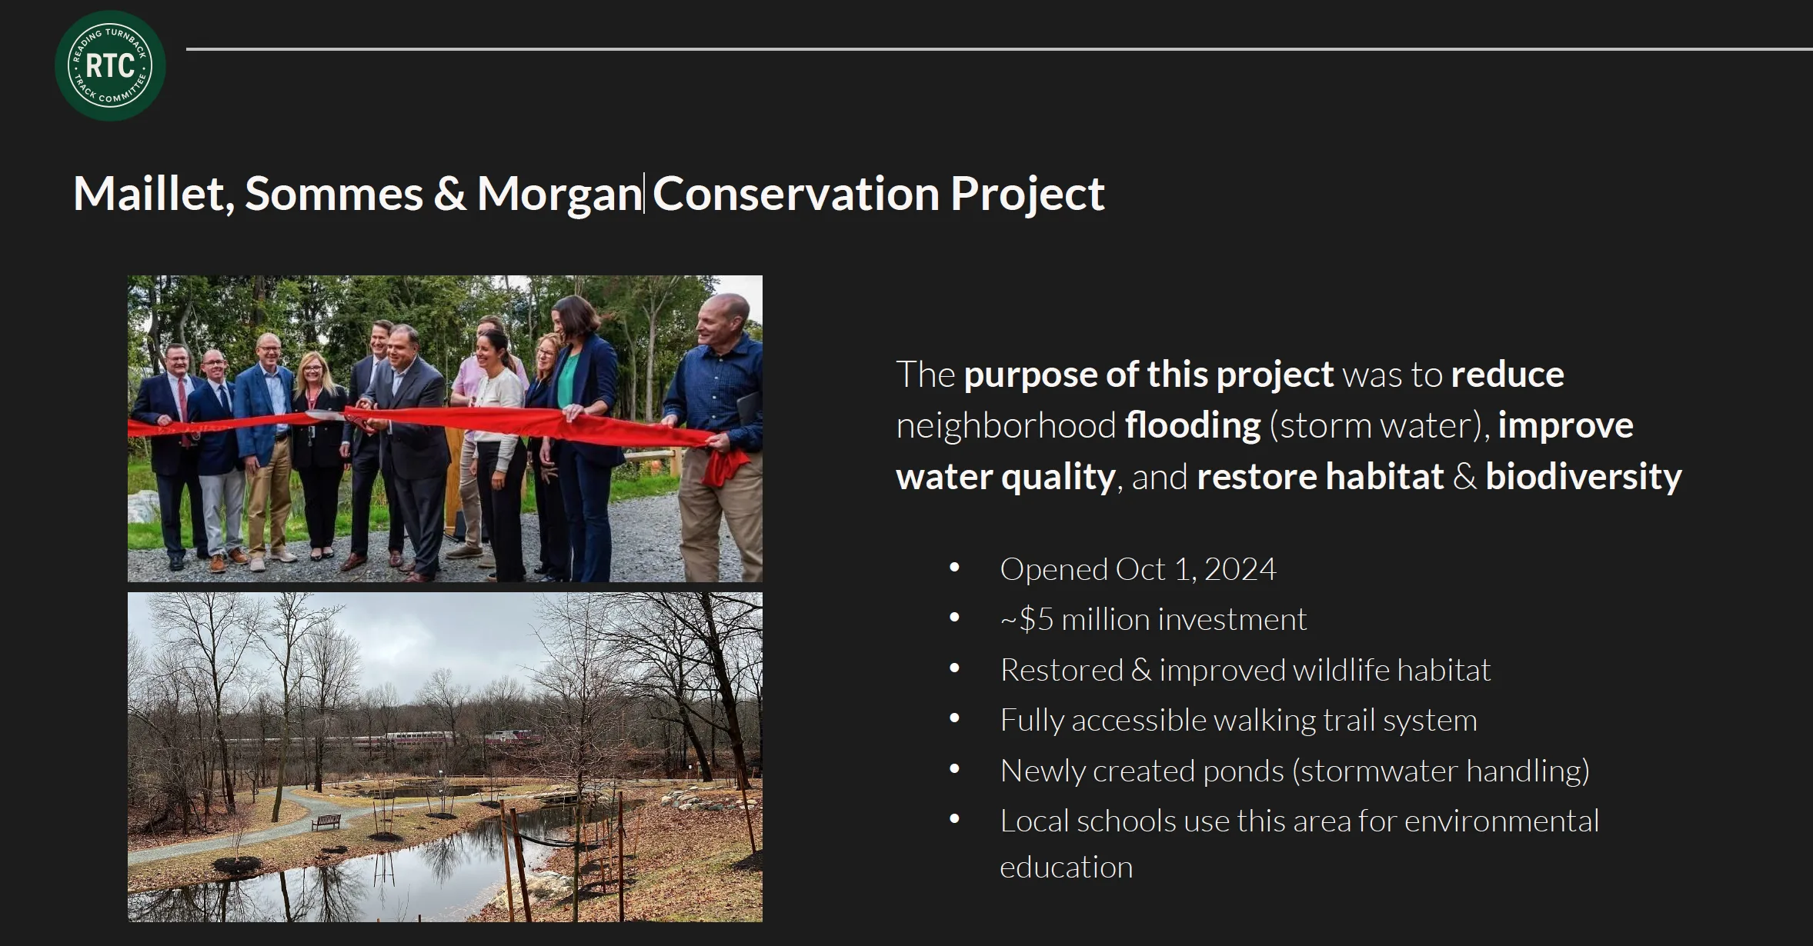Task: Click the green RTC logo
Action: tap(110, 65)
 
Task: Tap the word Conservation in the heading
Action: tap(796, 193)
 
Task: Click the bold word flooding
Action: tap(1193, 426)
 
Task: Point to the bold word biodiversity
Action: tap(1584, 477)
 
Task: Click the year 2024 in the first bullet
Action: tap(1240, 570)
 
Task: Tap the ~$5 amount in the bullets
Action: tap(1027, 620)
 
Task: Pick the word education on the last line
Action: tap(1067, 868)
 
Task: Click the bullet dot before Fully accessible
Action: tap(955, 719)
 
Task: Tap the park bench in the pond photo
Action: tap(326, 822)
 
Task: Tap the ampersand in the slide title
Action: tap(449, 194)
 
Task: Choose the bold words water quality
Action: tap(1006, 478)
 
